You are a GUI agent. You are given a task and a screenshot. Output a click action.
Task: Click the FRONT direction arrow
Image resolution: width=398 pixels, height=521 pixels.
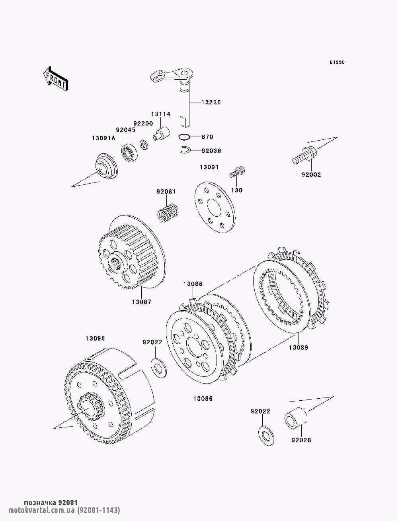(56, 78)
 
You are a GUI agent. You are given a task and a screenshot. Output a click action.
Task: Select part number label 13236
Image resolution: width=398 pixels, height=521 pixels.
(211, 102)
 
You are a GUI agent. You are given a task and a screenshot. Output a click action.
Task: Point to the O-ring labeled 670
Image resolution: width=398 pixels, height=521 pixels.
(184, 137)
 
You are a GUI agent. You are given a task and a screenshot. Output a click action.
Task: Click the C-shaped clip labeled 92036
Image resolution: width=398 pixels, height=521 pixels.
(184, 150)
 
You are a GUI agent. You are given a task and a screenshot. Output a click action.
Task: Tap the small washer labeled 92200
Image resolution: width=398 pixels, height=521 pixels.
(144, 145)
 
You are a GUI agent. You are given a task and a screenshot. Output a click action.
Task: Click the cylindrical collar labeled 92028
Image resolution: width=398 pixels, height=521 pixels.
(296, 418)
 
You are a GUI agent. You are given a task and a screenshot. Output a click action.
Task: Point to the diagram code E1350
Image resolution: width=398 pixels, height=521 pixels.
(337, 63)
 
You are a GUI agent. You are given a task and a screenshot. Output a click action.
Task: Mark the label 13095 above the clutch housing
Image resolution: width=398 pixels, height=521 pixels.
(95, 338)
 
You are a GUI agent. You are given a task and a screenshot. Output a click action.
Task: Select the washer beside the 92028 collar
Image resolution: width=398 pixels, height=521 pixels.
(266, 436)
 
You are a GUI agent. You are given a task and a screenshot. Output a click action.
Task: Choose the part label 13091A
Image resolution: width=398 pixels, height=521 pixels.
(103, 138)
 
